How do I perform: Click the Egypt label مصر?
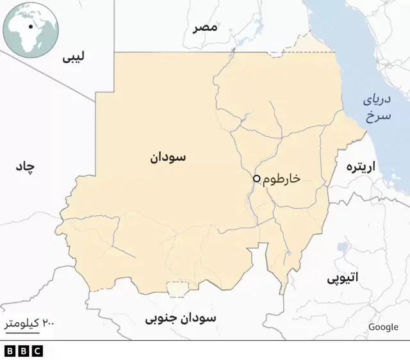click(x=206, y=28)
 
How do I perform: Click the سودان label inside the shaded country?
click(x=168, y=157)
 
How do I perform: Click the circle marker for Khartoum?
click(x=256, y=179)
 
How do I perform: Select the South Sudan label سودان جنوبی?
click(x=181, y=318)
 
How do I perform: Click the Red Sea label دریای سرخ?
click(x=377, y=108)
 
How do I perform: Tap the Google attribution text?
click(x=383, y=327)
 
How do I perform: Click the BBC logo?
click(x=23, y=351)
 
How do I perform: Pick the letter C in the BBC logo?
click(x=37, y=351)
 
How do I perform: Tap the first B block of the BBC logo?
click(x=10, y=351)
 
